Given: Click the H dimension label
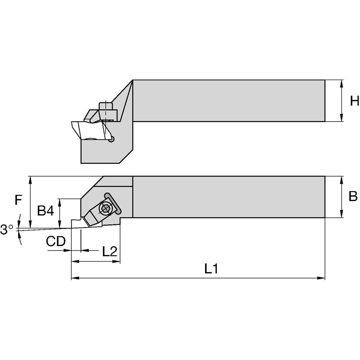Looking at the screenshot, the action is click(x=355, y=101).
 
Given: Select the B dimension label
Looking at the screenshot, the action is click(x=353, y=196).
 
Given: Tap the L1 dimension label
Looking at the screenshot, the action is click(x=211, y=269).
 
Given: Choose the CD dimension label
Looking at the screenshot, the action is click(x=56, y=241).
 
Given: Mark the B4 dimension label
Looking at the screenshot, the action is click(x=45, y=211).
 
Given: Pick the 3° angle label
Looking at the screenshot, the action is click(x=7, y=229).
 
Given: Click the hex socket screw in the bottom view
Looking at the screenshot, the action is click(x=105, y=208).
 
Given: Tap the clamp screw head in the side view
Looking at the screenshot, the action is click(x=105, y=106).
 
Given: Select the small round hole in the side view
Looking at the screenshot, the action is click(x=111, y=139).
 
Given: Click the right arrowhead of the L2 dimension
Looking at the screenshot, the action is click(x=116, y=261).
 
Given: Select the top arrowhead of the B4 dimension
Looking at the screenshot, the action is click(x=60, y=203).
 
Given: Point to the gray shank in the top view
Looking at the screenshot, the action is click(x=229, y=100).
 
